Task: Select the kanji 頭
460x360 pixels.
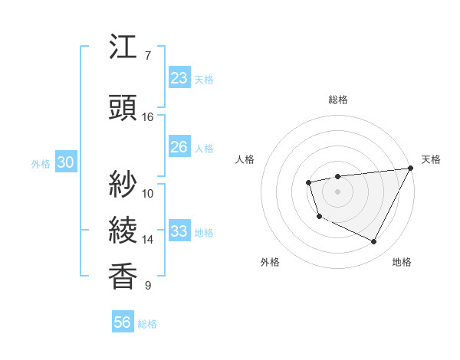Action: (123, 108)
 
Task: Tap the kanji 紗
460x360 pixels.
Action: (123, 185)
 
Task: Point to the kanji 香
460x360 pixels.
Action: (123, 277)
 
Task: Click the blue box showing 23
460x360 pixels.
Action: (179, 78)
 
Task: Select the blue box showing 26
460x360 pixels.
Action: (179, 147)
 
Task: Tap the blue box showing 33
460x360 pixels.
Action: (179, 231)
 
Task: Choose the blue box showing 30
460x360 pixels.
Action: (65, 162)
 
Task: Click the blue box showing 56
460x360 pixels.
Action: (123, 322)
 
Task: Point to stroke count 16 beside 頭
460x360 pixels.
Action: (148, 117)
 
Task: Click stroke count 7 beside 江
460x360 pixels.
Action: (148, 56)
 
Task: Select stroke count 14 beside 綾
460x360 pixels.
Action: (148, 240)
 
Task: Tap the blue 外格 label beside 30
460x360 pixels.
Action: (41, 163)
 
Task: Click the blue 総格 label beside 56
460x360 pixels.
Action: (147, 324)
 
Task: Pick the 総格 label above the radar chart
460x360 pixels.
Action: (337, 100)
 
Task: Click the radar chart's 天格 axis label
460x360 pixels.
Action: (431, 159)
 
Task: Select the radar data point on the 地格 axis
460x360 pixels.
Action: (374, 242)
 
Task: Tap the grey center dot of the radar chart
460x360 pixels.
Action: (337, 191)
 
